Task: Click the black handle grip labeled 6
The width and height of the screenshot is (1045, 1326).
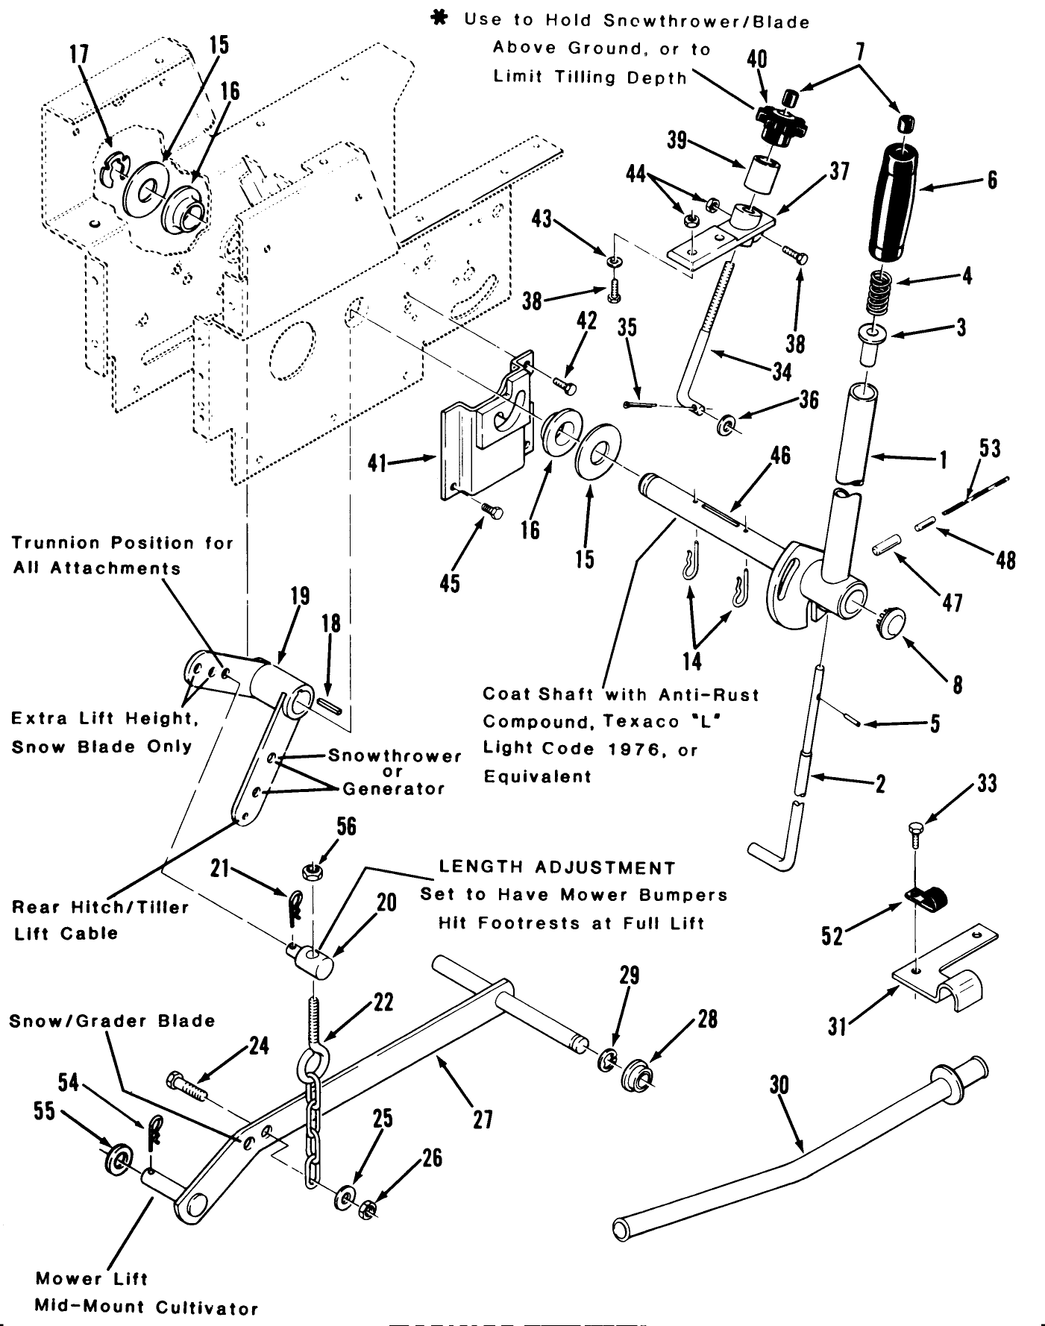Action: (x=897, y=202)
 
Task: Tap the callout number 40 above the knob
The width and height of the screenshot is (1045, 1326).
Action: (x=756, y=59)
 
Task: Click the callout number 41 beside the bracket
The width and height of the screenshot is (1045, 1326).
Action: (x=377, y=463)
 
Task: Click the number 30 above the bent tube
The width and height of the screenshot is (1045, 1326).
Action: (x=779, y=1084)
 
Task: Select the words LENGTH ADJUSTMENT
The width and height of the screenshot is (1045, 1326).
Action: (x=557, y=868)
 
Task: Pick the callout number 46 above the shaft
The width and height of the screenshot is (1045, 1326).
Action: (x=779, y=455)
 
